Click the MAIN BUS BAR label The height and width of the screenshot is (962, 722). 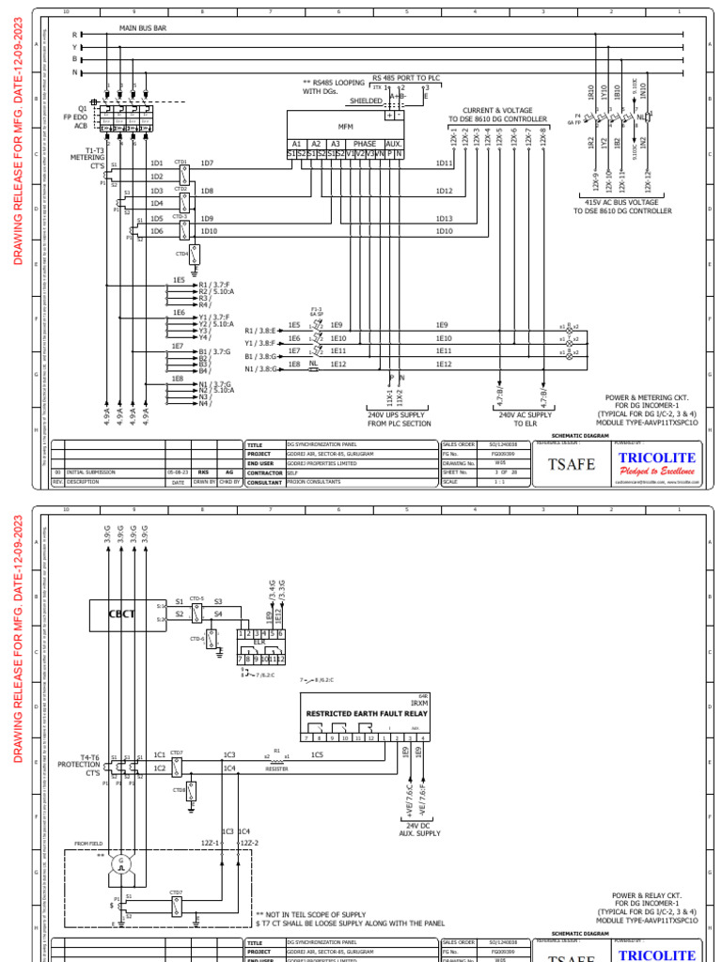point(143,29)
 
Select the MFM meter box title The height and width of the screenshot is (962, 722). point(346,125)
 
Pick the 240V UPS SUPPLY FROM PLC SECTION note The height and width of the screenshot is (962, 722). point(400,419)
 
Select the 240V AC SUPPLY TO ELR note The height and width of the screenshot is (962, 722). point(525,419)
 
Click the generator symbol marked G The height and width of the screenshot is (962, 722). point(120,864)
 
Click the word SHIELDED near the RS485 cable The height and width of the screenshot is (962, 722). point(366,101)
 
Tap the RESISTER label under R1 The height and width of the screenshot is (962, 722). point(275,768)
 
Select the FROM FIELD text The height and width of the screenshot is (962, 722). point(88,844)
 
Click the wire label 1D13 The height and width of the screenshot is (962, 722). point(444,219)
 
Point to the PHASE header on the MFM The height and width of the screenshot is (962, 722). point(364,144)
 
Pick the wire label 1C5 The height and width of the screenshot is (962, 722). point(317,754)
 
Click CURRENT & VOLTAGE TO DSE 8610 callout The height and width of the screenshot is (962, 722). point(497,115)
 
